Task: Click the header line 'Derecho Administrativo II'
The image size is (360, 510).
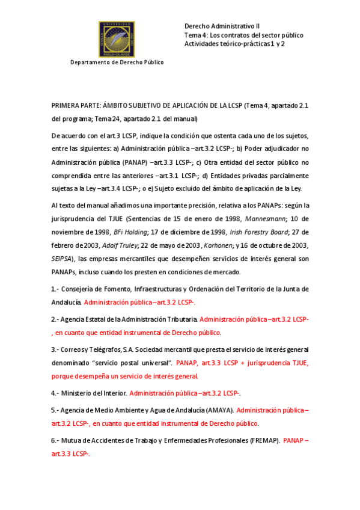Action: coord(222,26)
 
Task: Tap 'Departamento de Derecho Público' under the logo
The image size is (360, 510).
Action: coord(117,62)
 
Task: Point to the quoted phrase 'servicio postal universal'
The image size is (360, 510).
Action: coord(129,363)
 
